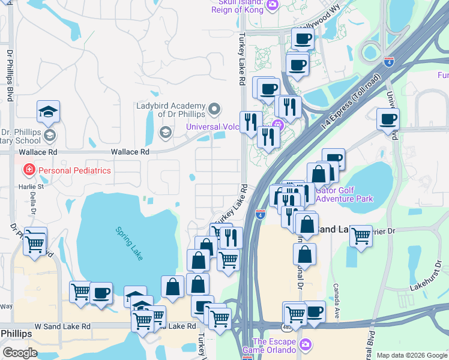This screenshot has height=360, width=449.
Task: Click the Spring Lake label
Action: click(x=130, y=244)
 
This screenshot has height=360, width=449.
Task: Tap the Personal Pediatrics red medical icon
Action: click(x=28, y=170)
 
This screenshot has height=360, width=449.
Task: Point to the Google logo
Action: click(x=20, y=353)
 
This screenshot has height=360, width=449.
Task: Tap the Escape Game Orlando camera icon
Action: click(x=306, y=345)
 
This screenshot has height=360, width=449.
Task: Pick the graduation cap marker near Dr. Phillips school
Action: click(x=48, y=112)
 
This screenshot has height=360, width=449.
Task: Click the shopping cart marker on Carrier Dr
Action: click(x=361, y=235)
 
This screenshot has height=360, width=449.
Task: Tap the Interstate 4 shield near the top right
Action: click(x=388, y=61)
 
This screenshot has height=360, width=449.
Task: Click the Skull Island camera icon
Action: click(x=273, y=5)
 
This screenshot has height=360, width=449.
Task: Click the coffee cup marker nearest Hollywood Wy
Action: click(x=303, y=39)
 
